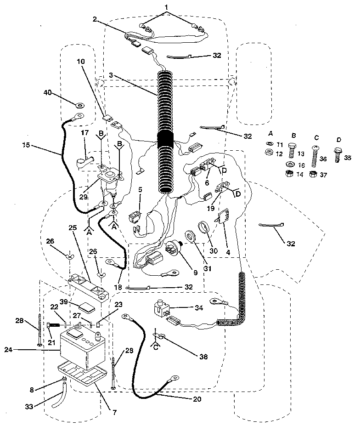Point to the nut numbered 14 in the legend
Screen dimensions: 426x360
coord(291,173)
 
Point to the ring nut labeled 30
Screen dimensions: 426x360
coord(203,228)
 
